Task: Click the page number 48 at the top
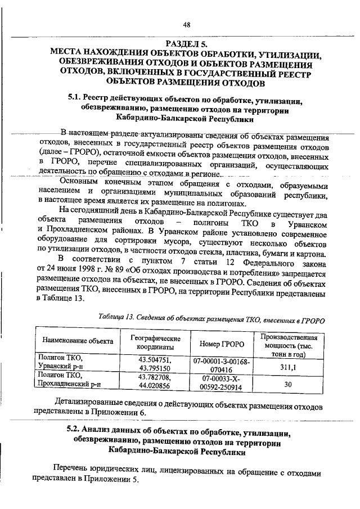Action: [x=187, y=24]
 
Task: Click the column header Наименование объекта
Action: [x=76, y=341]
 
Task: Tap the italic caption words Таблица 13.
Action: [x=118, y=318]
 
